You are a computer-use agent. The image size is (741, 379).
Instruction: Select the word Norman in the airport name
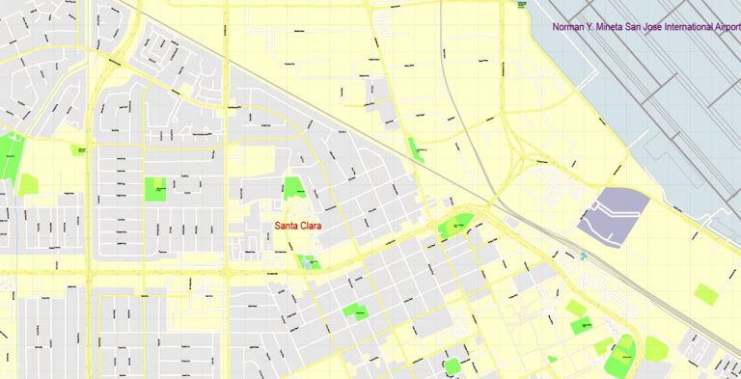click(x=569, y=27)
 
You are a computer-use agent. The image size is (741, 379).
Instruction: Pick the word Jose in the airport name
click(x=659, y=27)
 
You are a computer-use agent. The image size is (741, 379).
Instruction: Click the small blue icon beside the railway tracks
click(x=584, y=256)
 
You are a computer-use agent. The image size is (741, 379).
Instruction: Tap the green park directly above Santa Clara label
click(x=293, y=187)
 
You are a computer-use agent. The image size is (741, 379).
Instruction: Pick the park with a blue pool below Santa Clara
click(x=309, y=261)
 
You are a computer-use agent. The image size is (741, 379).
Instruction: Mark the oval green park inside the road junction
click(x=457, y=227)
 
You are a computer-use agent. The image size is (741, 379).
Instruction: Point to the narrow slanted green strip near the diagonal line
click(x=416, y=149)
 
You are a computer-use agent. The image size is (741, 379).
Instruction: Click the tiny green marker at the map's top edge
click(x=522, y=3)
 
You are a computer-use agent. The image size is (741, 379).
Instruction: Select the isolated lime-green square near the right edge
click(x=706, y=294)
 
